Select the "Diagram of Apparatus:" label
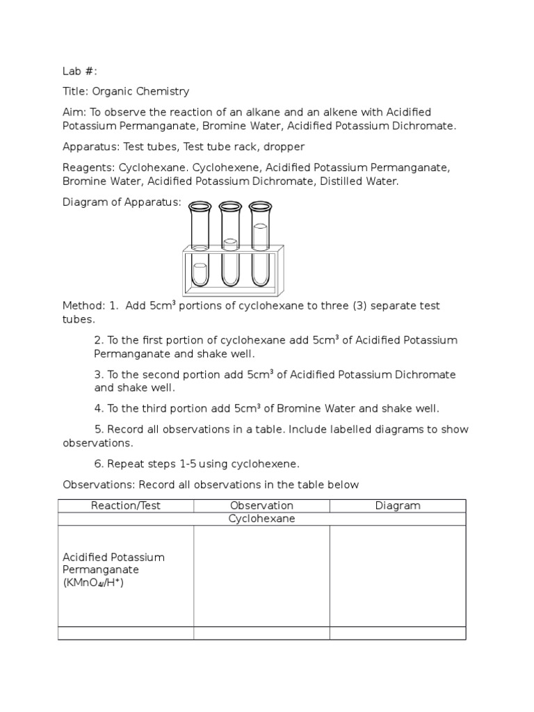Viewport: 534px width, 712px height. tap(122, 202)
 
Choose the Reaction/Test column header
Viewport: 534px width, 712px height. tap(126, 505)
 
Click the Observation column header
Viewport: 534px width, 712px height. tap(261, 505)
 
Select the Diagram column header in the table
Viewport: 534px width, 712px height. tap(398, 505)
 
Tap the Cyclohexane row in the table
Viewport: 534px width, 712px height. tap(261, 519)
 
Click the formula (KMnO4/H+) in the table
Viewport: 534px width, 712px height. tap(93, 583)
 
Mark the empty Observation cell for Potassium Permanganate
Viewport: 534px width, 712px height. tap(261, 576)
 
